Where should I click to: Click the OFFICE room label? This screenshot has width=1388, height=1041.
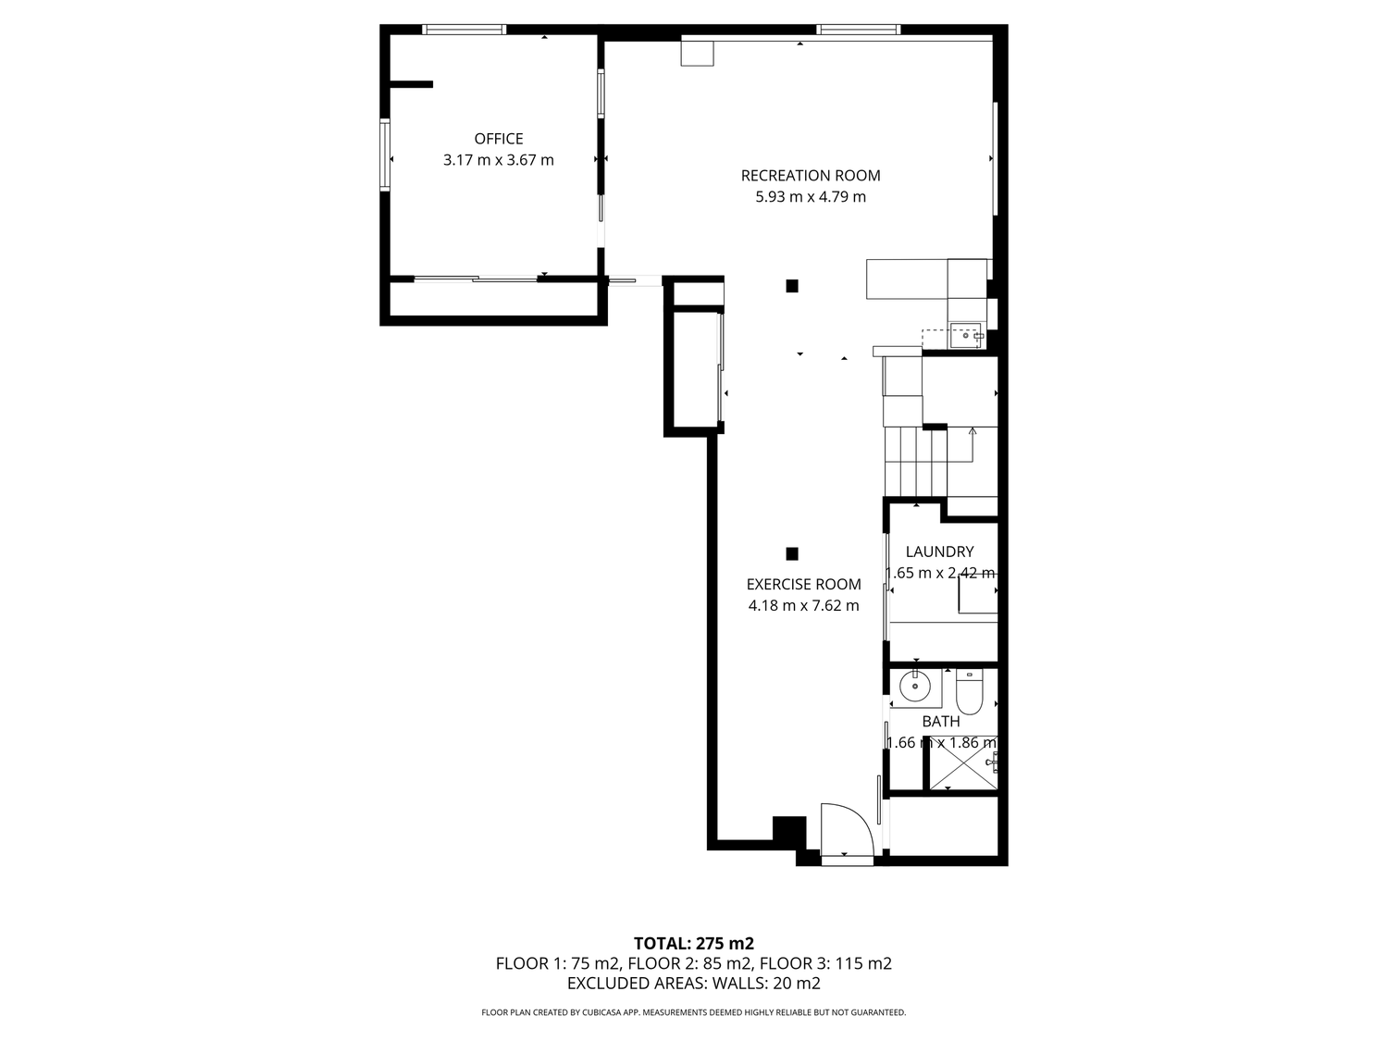[x=498, y=139]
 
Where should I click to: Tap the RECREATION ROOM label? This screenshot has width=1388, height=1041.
[x=810, y=175]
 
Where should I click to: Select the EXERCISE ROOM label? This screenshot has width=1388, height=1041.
[x=803, y=584]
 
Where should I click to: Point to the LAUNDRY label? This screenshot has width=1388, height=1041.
[x=939, y=551]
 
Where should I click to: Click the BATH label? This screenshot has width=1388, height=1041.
[x=940, y=721]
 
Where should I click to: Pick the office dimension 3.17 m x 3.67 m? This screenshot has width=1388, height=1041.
[x=498, y=160]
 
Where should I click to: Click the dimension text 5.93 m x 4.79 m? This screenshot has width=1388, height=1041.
[x=810, y=196]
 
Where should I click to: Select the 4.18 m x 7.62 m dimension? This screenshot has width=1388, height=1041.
[x=803, y=605]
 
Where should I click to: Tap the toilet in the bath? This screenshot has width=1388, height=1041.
[x=968, y=692]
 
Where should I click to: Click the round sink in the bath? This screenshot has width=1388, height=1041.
[x=914, y=687]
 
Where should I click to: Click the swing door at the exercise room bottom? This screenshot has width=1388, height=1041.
[x=848, y=829]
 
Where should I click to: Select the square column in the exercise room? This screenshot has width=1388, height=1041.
[x=792, y=553]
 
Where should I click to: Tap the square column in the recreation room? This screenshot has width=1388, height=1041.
[x=792, y=286]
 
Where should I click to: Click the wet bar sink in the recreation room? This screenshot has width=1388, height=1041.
[x=966, y=336]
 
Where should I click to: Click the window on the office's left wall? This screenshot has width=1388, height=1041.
[x=384, y=154]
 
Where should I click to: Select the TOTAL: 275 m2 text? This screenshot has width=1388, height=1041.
[x=694, y=943]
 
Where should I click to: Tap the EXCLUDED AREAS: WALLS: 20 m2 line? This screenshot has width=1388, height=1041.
[x=694, y=983]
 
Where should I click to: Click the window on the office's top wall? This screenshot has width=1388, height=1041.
[x=465, y=29]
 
